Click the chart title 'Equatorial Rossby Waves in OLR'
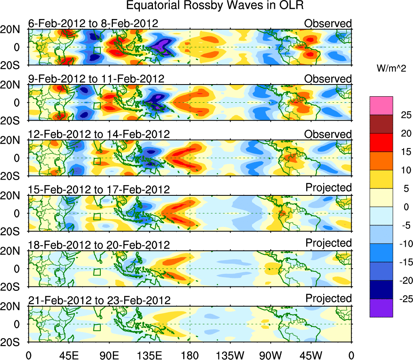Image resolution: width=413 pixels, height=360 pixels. pyautogui.click(x=215, y=6)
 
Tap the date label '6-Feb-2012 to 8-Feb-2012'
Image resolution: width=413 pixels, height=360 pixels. pyautogui.click(x=93, y=23)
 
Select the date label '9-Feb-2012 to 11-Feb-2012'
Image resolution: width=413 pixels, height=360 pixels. pyautogui.click(x=96, y=78)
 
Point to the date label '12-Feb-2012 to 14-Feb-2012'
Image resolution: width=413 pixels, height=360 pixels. pyautogui.click(x=99, y=134)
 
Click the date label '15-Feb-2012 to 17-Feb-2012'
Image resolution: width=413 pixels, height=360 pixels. pyautogui.click(x=99, y=189)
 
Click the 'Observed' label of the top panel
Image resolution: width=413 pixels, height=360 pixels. pyautogui.click(x=328, y=23)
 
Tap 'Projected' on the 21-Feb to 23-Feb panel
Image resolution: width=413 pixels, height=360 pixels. pyautogui.click(x=328, y=298)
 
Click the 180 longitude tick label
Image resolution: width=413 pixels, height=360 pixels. pyautogui.click(x=190, y=355)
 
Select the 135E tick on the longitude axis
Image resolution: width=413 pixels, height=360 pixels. pyautogui.click(x=149, y=355)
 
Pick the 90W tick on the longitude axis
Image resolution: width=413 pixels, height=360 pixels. pyautogui.click(x=271, y=355)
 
